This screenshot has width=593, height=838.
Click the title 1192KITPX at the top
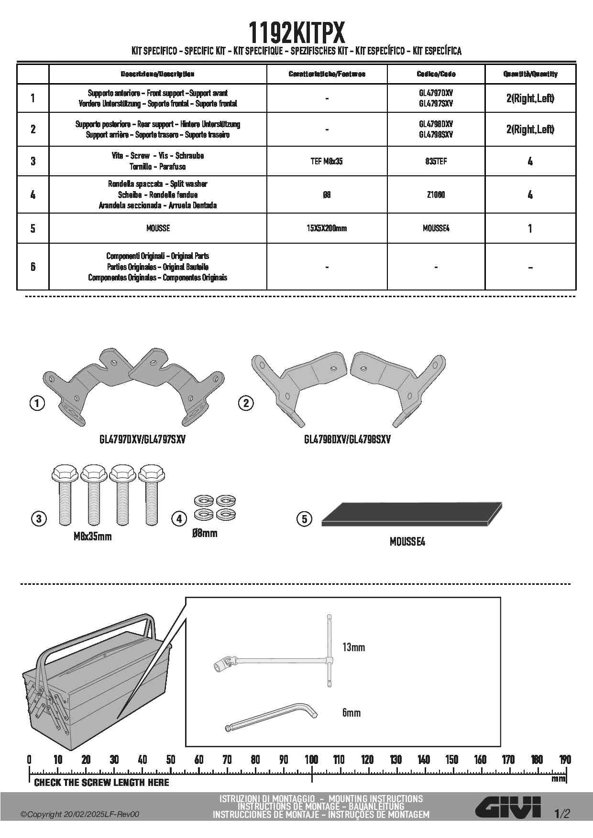pyautogui.click(x=296, y=32)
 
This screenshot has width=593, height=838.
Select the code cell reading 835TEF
pyautogui.click(x=436, y=161)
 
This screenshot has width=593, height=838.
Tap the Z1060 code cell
pyautogui.click(x=436, y=194)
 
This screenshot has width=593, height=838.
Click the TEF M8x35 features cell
pyautogui.click(x=327, y=161)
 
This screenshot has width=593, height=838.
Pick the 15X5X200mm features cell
pyautogui.click(x=327, y=228)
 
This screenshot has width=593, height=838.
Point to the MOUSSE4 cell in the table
pyautogui.click(x=436, y=228)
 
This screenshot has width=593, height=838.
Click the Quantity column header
pyautogui.click(x=530, y=74)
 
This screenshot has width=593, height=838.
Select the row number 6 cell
pyautogui.click(x=33, y=267)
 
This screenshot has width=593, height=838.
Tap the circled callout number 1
pyautogui.click(x=37, y=403)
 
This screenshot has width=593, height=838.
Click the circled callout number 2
pyautogui.click(x=246, y=403)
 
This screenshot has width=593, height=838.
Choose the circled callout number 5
pyautogui.click(x=304, y=519)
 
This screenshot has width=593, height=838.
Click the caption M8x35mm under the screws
pyautogui.click(x=92, y=537)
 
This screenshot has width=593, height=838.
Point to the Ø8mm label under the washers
pyautogui.click(x=205, y=533)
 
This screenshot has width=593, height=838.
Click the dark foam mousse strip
pyautogui.click(x=412, y=514)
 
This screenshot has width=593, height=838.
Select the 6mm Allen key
pyautogui.click(x=271, y=716)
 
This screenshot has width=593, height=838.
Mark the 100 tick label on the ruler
pyautogui.click(x=311, y=760)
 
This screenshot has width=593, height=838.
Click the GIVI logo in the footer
pyautogui.click(x=508, y=808)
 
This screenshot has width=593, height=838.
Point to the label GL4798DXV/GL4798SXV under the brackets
pyautogui.click(x=347, y=439)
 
